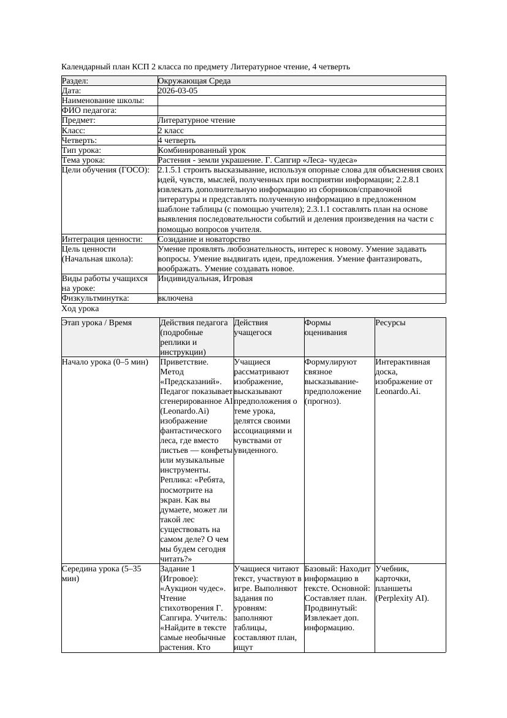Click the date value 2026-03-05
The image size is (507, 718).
(x=178, y=91)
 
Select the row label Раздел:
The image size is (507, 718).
(x=75, y=81)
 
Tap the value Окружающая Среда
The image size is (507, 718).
(x=194, y=81)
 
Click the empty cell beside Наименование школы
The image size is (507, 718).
(x=300, y=101)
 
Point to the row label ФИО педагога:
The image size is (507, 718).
(x=90, y=110)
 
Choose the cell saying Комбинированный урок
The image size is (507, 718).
(x=202, y=150)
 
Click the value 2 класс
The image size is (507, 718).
(x=170, y=131)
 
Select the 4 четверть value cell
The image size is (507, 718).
(x=175, y=141)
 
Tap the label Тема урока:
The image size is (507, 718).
(x=83, y=160)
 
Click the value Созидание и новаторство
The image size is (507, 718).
(x=204, y=239)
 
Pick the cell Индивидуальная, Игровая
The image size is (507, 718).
(x=205, y=279)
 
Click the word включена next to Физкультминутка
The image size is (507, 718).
(x=175, y=298)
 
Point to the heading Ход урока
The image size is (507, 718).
(x=80, y=309)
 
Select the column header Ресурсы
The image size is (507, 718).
(x=391, y=323)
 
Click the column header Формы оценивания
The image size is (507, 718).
(x=326, y=327)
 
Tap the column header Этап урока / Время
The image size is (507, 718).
(x=97, y=323)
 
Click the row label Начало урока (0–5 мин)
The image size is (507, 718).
(x=105, y=362)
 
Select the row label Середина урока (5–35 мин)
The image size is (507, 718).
(x=101, y=573)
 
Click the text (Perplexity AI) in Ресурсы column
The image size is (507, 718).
(x=402, y=598)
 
